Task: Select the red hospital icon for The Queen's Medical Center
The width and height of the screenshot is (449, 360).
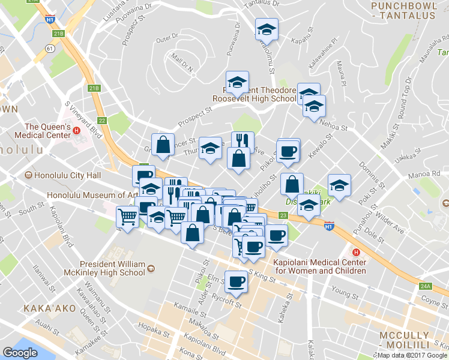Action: (76, 131)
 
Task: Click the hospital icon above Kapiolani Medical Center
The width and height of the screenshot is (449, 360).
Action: (356, 252)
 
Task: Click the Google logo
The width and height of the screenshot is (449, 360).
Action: (20, 353)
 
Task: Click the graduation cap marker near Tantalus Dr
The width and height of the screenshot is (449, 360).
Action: (267, 29)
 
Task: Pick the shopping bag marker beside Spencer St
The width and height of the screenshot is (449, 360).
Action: (163, 144)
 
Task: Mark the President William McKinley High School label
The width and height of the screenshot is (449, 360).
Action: (113, 268)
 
